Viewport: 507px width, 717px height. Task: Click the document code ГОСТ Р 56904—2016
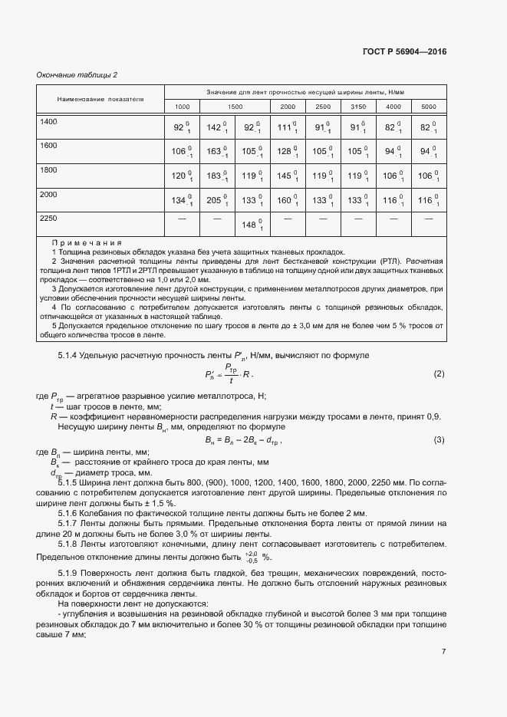coord(403,51)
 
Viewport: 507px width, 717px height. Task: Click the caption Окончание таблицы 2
coord(77,74)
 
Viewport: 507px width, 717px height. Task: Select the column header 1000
coord(183,106)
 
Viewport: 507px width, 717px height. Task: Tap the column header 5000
coord(428,106)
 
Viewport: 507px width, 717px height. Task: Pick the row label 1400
coord(49,122)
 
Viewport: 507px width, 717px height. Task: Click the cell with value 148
coord(252,225)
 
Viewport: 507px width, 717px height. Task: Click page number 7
coord(443,652)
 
